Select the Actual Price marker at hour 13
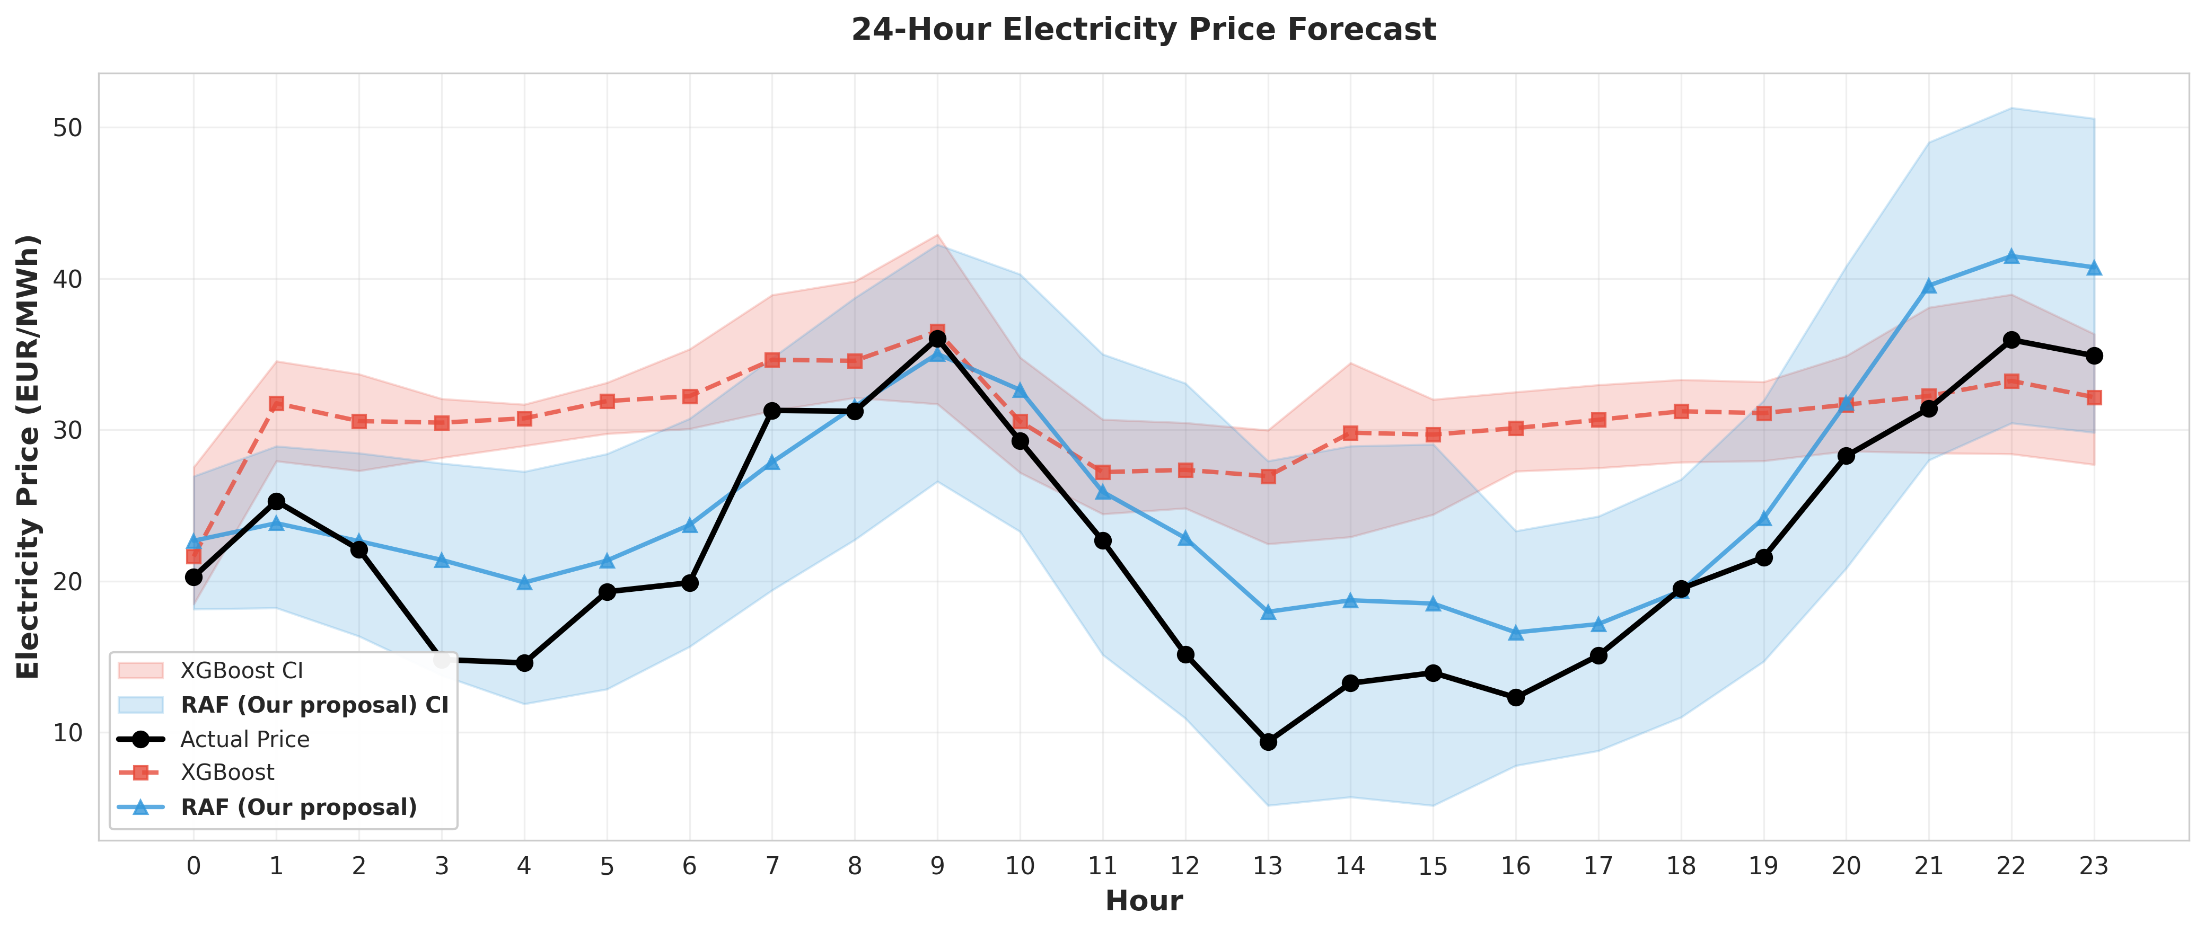tap(1268, 742)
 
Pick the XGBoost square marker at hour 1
tap(276, 403)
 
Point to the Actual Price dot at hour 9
tap(937, 339)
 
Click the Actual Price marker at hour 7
tap(772, 411)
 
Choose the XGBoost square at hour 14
tap(1351, 433)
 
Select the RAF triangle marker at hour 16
tap(1516, 633)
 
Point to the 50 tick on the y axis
tap(68, 128)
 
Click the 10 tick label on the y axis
tap(68, 733)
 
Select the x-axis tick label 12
tap(1184, 867)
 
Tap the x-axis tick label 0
tap(194, 867)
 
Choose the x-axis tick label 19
tap(1763, 867)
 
